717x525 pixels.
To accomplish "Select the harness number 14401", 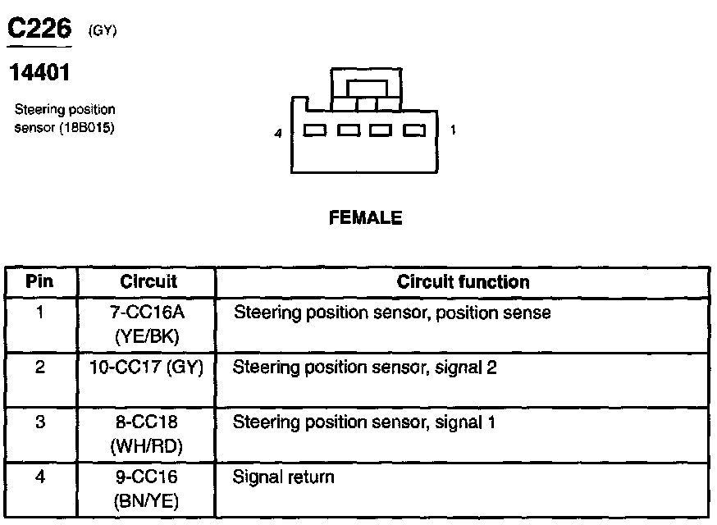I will pos(39,73).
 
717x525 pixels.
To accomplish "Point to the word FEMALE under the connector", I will pos(365,218).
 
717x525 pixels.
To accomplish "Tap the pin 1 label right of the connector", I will pos(454,130).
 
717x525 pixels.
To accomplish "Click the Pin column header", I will pos(39,281).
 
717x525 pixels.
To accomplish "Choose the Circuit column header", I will pos(148,281).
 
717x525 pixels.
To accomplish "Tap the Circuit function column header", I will pos(463,281).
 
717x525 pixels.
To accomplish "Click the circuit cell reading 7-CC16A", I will pos(148,313).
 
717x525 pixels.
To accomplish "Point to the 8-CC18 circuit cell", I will pos(148,422).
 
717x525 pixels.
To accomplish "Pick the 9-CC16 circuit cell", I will pos(148,477).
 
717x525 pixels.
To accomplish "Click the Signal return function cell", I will pos(284,477).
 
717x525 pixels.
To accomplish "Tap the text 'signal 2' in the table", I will pos(469,367).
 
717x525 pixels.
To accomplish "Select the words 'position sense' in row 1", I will pos(503,313).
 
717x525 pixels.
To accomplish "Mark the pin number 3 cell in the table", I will pos(39,422).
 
